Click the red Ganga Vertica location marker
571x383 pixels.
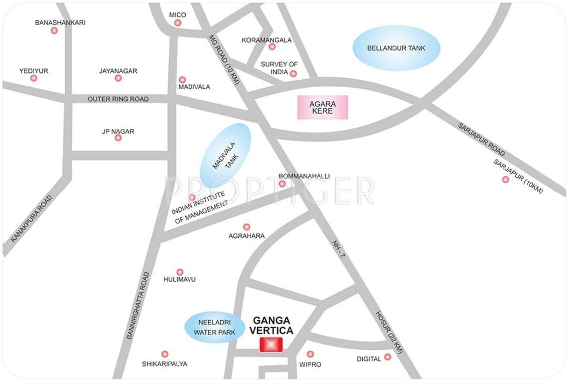tap(271, 345)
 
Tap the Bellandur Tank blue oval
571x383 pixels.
tap(396, 48)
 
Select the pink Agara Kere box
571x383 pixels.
tap(322, 107)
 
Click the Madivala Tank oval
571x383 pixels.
tap(226, 155)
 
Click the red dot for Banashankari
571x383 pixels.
tap(54, 31)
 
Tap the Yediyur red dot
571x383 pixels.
tap(34, 78)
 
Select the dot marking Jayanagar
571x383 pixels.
tap(118, 78)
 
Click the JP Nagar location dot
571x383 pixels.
tap(118, 138)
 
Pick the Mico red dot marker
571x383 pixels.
tap(178, 23)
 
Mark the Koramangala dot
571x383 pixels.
tap(272, 47)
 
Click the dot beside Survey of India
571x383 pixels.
tap(293, 74)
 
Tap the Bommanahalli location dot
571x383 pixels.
tap(282, 184)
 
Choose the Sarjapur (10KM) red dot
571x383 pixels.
tap(506, 179)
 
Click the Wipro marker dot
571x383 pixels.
tap(310, 354)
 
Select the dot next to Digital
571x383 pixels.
tap(387, 357)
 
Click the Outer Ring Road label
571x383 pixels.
tap(118, 99)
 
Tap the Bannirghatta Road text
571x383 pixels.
tap(138, 305)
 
